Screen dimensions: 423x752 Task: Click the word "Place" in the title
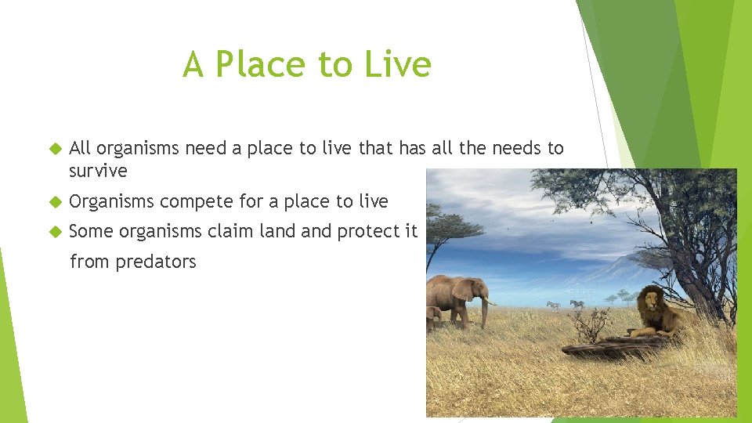click(258, 64)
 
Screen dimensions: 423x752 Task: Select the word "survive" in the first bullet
click(98, 170)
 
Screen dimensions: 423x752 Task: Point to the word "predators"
click(156, 262)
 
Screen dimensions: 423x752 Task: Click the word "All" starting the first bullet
click(80, 148)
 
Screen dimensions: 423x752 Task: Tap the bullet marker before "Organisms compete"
click(54, 202)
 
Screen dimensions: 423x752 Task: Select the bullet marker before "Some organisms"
click(54, 232)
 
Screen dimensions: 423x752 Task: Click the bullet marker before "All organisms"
click(54, 149)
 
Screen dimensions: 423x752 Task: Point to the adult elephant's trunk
click(485, 312)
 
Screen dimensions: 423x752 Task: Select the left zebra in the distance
click(553, 305)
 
